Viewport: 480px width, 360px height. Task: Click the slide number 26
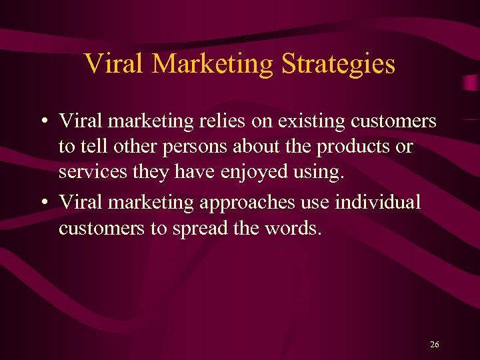[x=435, y=345]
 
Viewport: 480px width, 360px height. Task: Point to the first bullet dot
[x=43, y=123]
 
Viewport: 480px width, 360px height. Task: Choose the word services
[x=85, y=172]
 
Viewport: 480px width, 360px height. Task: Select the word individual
[x=378, y=201]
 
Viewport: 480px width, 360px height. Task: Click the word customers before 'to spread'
[x=101, y=228]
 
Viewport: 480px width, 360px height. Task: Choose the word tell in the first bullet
[x=91, y=146]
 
